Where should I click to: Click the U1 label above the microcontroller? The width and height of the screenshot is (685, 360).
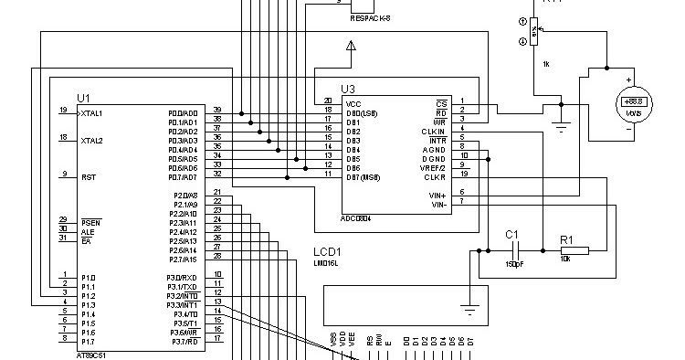point(84,97)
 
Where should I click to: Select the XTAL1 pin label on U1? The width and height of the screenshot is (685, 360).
point(91,113)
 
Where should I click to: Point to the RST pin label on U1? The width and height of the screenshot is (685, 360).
point(89,177)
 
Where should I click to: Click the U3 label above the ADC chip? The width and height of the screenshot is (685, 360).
point(347,89)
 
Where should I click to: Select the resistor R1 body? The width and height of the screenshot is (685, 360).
point(574,249)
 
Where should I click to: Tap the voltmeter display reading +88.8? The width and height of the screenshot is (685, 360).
point(630,101)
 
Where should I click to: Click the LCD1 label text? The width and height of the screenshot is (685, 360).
point(327,252)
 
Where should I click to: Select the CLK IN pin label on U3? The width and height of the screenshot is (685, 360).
point(435,130)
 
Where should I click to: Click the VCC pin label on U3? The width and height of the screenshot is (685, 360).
point(353,102)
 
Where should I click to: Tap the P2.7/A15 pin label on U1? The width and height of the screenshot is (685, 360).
point(182,259)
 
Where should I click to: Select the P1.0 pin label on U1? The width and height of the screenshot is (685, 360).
point(88,277)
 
